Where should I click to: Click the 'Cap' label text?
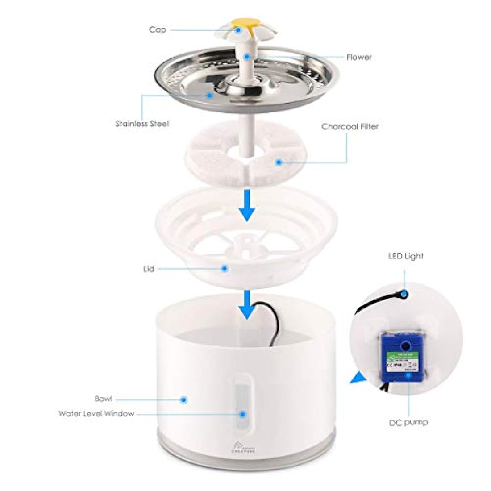coord(158,30)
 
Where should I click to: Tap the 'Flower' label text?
coord(359,57)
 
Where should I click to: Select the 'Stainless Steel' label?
coord(142,124)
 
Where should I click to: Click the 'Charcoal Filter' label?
coord(350,127)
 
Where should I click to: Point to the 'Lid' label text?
coord(149,269)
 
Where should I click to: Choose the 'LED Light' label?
coord(405,256)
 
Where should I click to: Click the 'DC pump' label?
coord(408,422)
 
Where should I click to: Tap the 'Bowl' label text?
coord(103,399)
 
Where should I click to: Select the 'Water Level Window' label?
coord(96,413)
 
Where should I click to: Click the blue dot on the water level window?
coord(242,414)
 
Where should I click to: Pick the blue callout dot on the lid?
coord(224,268)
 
